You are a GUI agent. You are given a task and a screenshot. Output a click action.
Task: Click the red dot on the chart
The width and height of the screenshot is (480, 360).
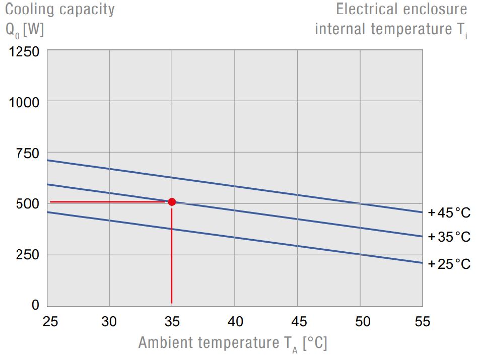(x=172, y=202)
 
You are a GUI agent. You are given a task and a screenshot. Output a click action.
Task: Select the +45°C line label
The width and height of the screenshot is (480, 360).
(x=449, y=213)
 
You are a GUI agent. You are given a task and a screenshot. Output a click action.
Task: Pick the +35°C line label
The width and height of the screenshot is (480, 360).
(x=449, y=237)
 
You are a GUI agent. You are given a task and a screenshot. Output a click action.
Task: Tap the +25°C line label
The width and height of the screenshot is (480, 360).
(x=449, y=264)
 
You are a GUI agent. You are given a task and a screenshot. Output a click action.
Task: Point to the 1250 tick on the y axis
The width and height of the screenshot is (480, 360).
(x=24, y=52)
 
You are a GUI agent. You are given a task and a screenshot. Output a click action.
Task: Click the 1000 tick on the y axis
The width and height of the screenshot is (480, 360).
(x=24, y=102)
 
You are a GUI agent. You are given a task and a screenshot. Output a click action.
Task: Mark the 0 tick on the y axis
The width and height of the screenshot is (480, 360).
(x=35, y=305)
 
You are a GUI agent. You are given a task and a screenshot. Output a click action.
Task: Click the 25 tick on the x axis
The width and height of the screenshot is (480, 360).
(x=50, y=322)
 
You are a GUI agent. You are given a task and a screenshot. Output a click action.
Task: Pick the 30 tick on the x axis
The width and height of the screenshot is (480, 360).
(x=109, y=322)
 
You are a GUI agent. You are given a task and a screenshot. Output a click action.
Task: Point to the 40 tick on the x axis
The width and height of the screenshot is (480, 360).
(x=235, y=322)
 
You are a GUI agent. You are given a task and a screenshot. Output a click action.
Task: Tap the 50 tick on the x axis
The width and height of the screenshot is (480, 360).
(x=360, y=322)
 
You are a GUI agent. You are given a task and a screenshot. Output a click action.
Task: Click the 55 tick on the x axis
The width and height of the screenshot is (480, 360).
(x=422, y=322)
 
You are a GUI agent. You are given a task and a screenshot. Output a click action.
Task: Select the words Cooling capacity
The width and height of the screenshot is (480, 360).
(x=60, y=9)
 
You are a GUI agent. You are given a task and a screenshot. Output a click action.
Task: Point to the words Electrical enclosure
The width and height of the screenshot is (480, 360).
(x=401, y=9)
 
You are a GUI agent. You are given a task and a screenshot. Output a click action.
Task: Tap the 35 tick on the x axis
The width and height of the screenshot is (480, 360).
(x=172, y=322)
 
